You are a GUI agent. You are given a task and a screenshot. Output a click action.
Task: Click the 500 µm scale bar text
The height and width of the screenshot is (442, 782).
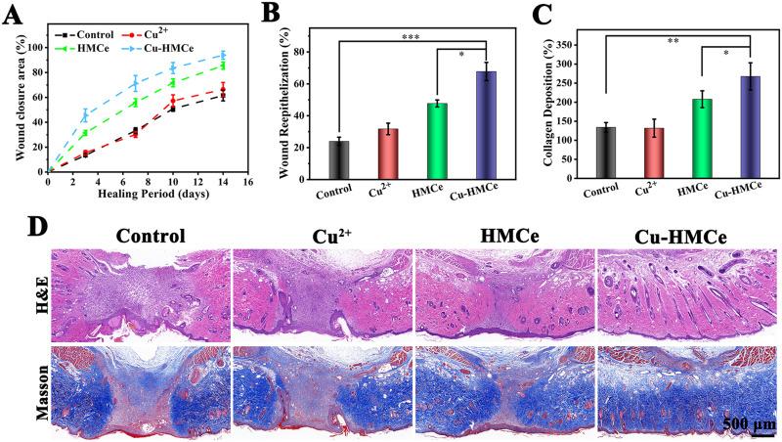click(750, 423)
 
